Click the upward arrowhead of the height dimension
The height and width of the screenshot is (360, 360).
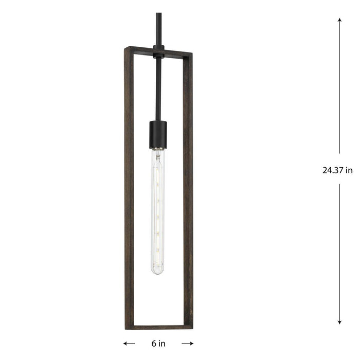(x=339, y=21)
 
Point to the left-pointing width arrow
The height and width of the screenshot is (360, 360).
(x=129, y=343)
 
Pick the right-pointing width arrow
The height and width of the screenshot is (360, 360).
(x=188, y=343)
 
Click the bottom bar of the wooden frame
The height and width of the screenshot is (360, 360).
(x=158, y=327)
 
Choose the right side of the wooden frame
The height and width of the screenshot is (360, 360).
(x=189, y=190)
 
